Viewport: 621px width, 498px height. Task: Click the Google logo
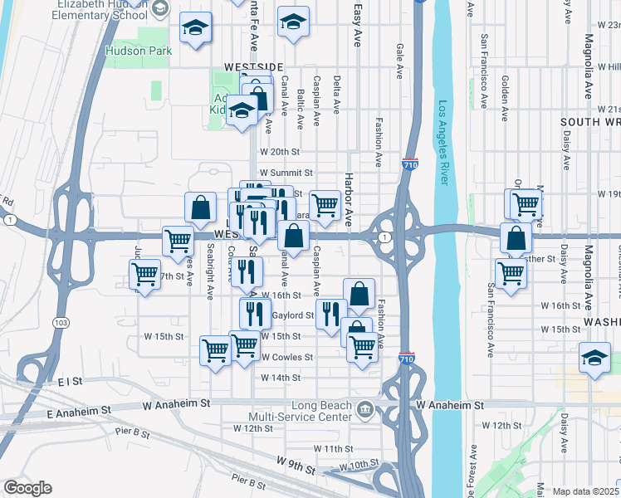click(27, 488)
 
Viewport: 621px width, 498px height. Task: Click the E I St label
click(71, 381)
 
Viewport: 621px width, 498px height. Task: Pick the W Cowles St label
click(286, 358)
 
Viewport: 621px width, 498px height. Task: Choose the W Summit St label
click(285, 173)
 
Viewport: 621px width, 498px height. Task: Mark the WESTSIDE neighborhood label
click(253, 66)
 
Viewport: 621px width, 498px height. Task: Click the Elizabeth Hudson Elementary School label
click(101, 8)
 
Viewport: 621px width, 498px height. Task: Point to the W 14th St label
click(280, 378)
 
